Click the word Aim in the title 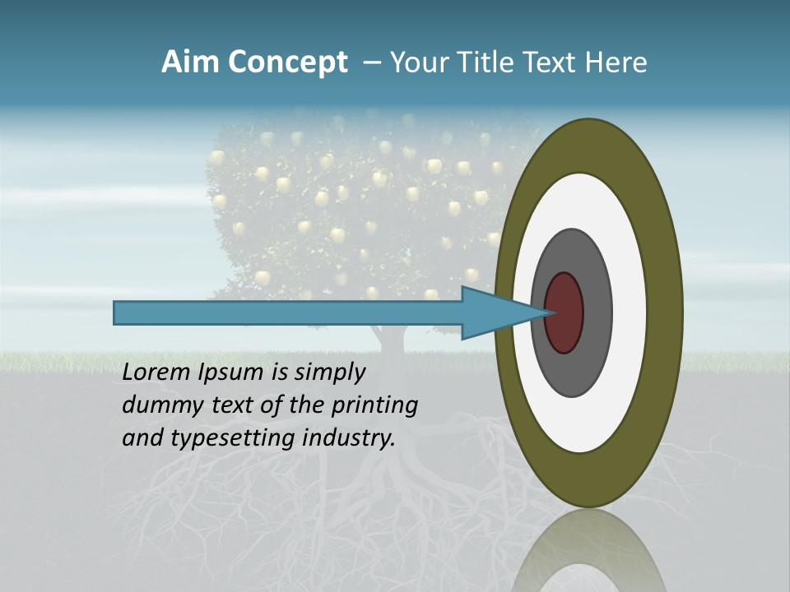point(191,62)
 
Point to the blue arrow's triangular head point(494,313)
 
